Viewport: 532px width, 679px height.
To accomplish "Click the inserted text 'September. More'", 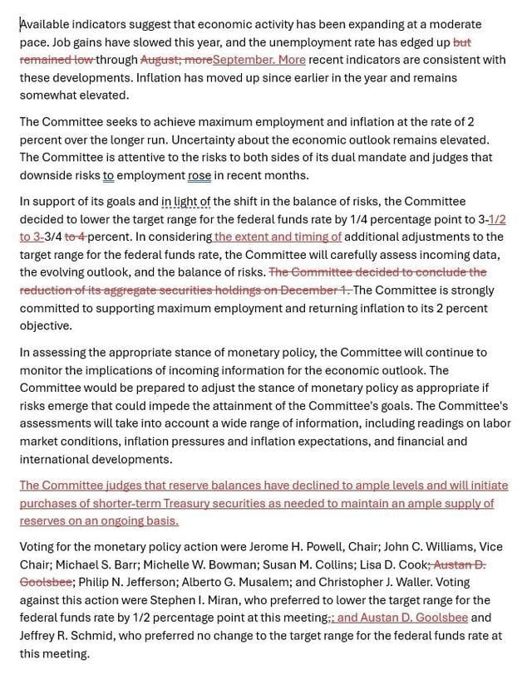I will [x=259, y=60].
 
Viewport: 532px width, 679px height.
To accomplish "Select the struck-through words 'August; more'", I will [x=176, y=60].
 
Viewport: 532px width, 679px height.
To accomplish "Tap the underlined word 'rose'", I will [x=199, y=175].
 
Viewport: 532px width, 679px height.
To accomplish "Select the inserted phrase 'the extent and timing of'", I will [x=278, y=237].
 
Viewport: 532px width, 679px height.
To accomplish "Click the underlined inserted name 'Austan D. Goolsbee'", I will [x=403, y=618].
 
